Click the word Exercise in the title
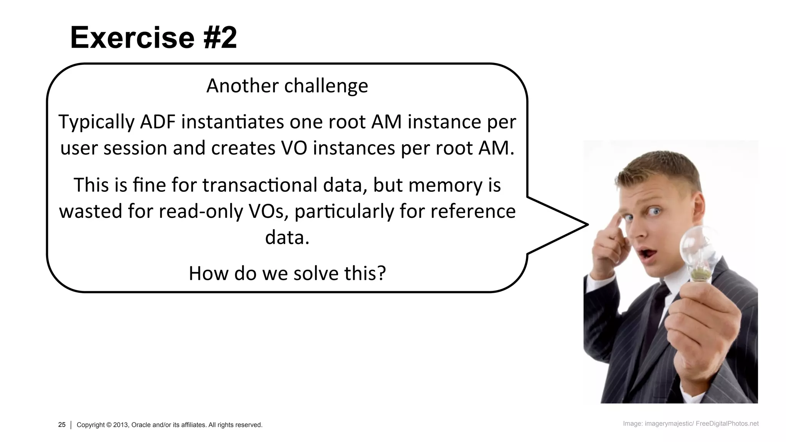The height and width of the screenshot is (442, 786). [132, 38]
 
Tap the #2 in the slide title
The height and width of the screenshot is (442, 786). [220, 38]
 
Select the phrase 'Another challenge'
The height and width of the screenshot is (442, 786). [287, 86]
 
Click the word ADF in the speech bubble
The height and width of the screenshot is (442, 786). [157, 122]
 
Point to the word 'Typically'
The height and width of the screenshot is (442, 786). [96, 122]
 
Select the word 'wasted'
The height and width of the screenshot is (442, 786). [90, 211]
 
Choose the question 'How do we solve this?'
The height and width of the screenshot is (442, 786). [287, 274]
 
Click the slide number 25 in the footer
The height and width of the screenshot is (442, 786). [62, 424]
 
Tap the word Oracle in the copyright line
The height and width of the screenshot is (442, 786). [142, 425]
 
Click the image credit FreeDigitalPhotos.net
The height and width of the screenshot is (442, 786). [727, 424]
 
